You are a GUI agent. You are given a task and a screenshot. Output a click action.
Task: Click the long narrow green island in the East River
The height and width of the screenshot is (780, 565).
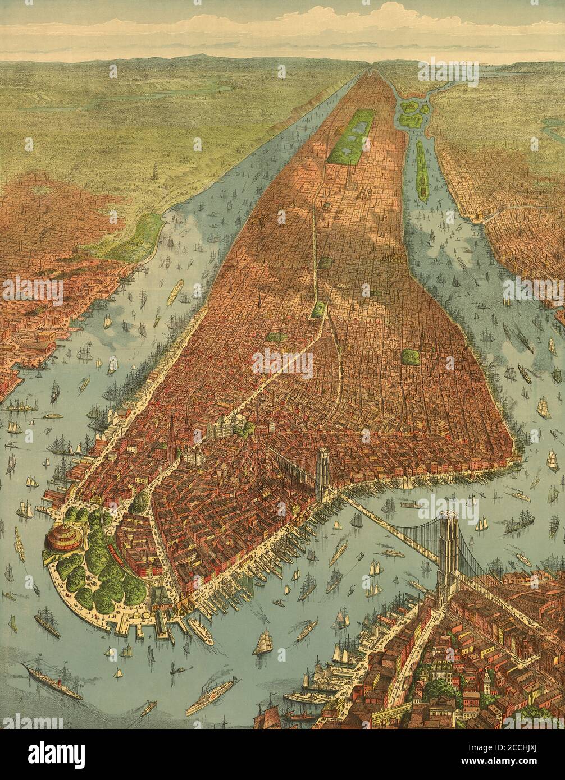click(x=422, y=171)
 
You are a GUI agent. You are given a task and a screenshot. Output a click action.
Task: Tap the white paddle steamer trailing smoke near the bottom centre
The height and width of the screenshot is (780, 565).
click(x=211, y=695)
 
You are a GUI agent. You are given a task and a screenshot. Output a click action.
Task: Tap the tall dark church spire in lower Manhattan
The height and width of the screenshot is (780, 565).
click(x=171, y=435)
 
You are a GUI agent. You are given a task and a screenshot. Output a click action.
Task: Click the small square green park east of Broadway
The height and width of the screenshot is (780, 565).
click(x=411, y=357)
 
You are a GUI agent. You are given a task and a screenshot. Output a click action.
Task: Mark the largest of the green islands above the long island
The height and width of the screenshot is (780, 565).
click(x=409, y=107)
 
